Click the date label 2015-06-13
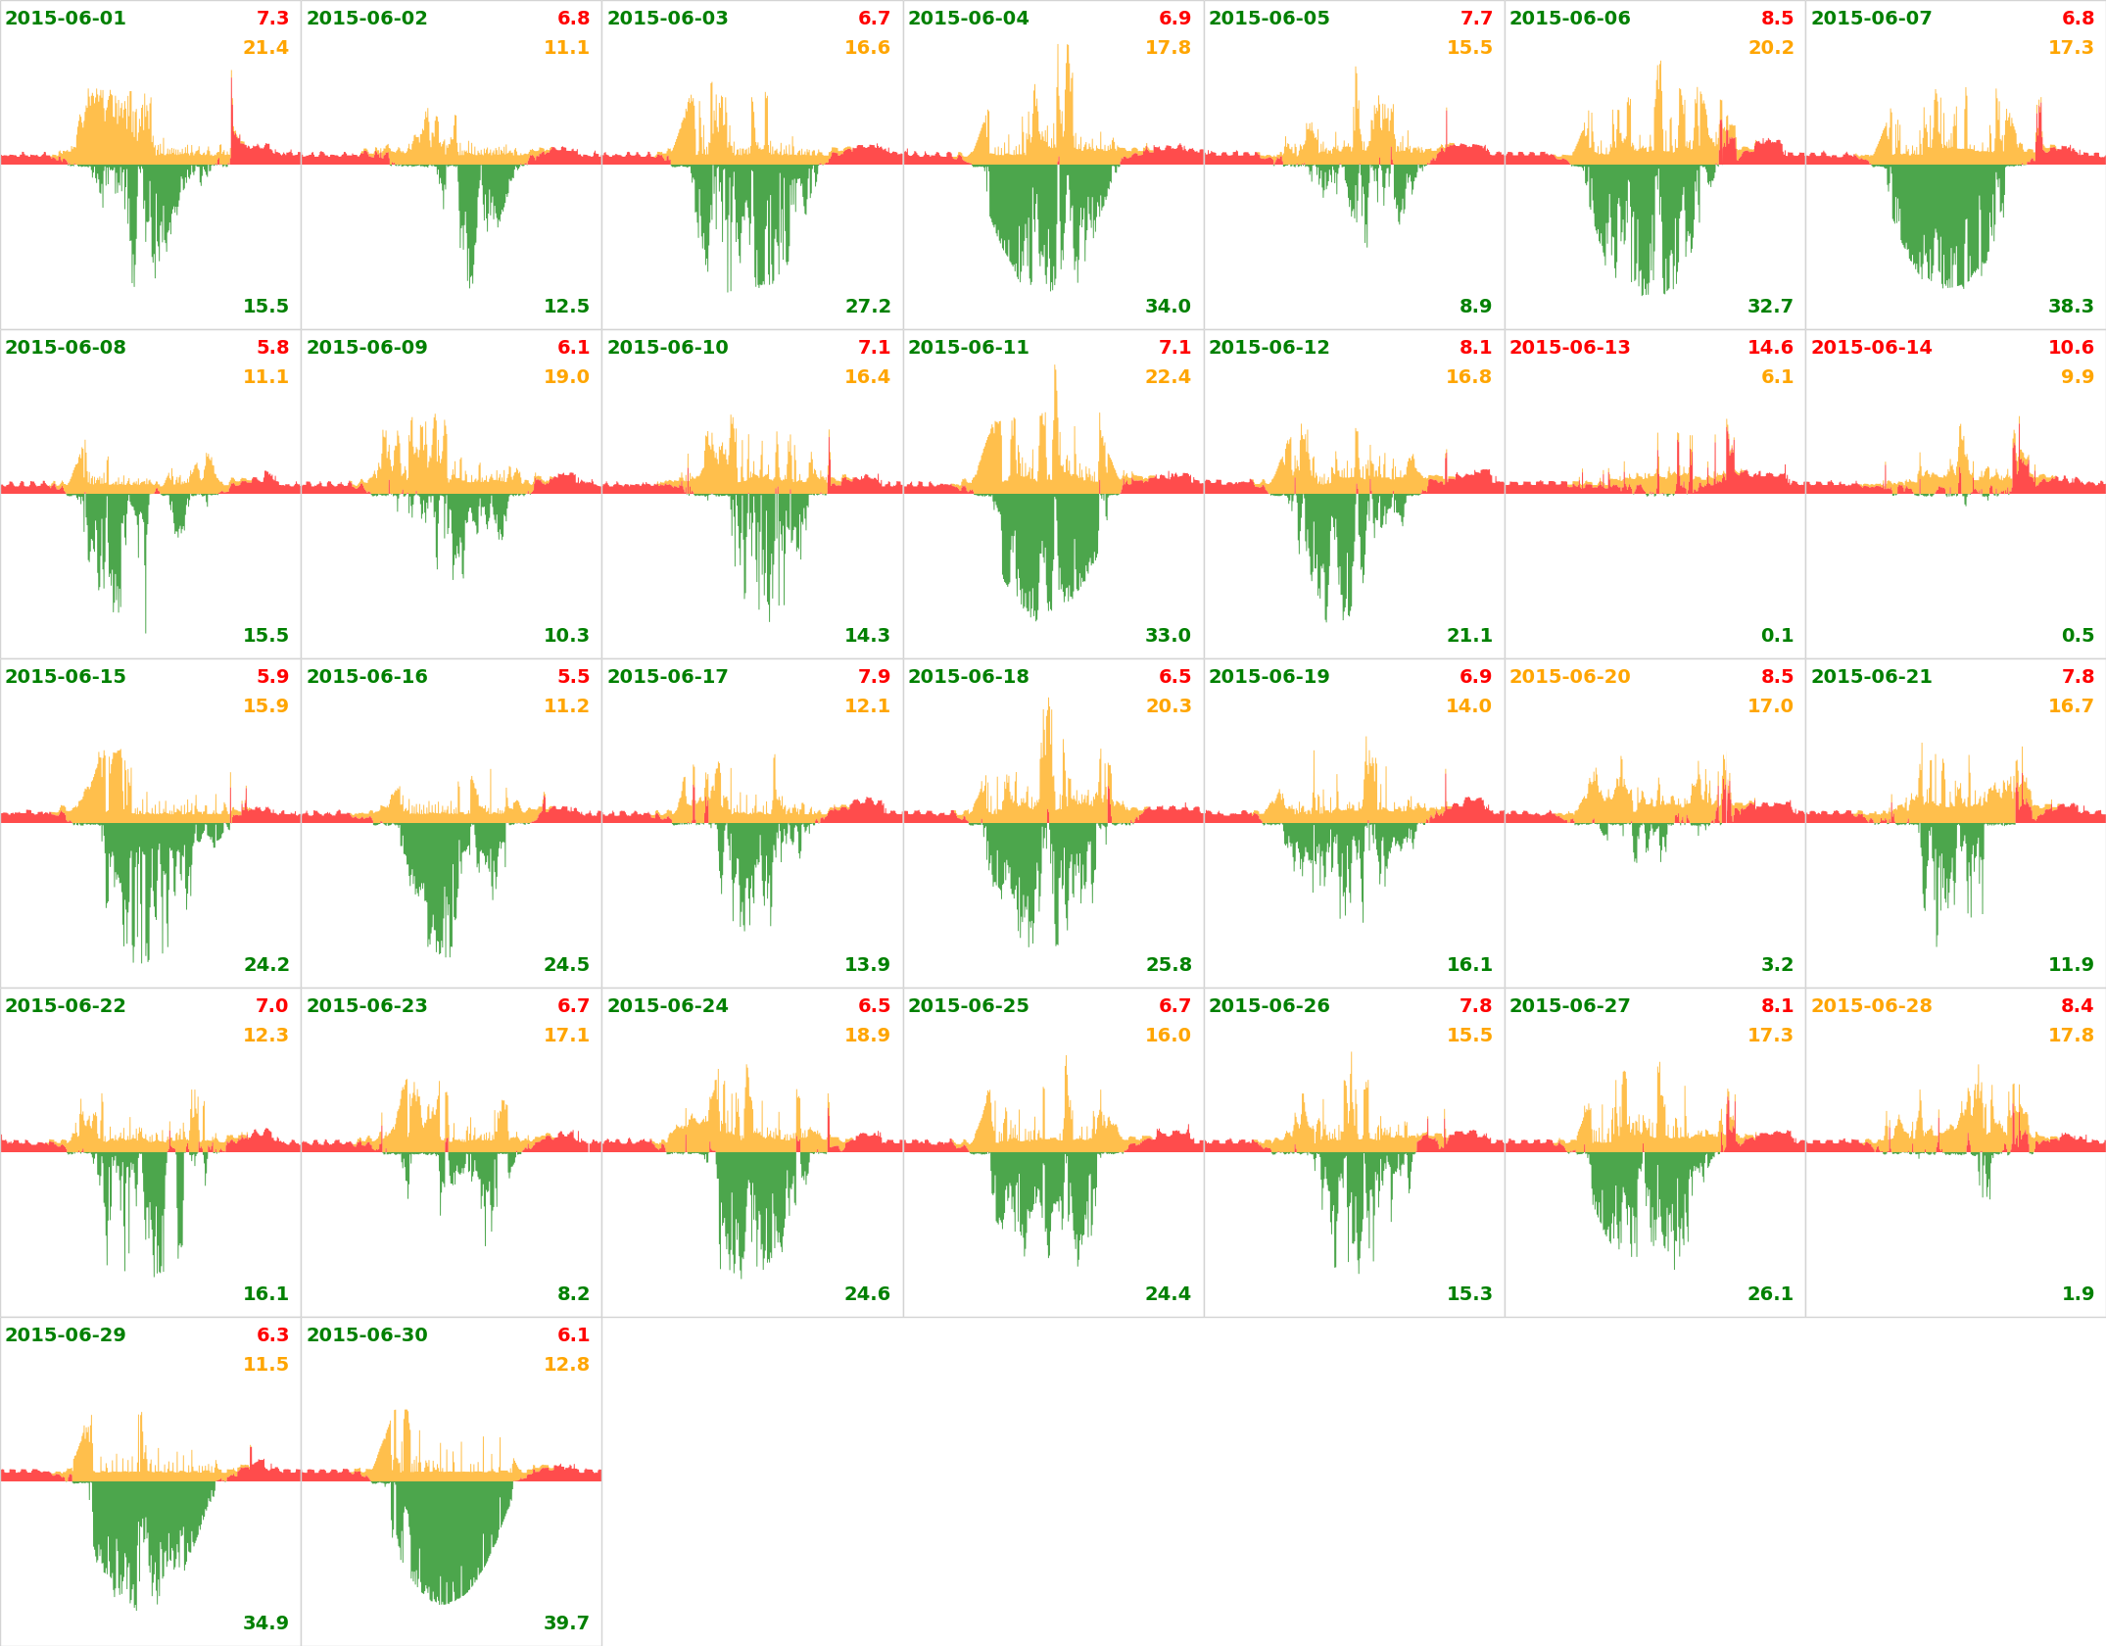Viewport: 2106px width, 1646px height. (1569, 348)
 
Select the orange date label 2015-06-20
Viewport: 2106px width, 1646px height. (1569, 677)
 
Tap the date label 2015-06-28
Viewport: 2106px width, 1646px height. (1871, 1006)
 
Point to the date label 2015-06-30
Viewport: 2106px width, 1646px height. (366, 1335)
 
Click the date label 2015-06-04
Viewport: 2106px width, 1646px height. (968, 19)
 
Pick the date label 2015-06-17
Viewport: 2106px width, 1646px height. (667, 677)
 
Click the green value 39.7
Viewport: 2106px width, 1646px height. (566, 1623)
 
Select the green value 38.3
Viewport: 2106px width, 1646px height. (2071, 307)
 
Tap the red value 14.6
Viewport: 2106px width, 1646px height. (1770, 348)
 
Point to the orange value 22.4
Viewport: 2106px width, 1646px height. (1168, 377)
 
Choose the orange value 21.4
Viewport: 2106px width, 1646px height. (265, 48)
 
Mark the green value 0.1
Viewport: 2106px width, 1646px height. (1777, 636)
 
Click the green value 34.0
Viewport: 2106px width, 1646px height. (1168, 307)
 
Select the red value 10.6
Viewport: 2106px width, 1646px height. (2071, 348)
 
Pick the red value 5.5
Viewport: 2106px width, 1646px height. (573, 677)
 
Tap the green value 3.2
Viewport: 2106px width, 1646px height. (1777, 965)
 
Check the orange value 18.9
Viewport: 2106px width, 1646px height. (867, 1036)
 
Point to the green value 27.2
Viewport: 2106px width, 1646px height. (868, 307)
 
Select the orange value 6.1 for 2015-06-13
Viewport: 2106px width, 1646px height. (1777, 377)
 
